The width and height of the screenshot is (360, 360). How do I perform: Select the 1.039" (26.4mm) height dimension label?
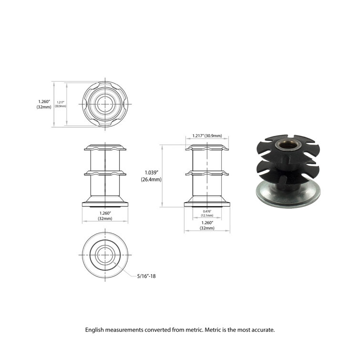pyautogui.click(x=151, y=176)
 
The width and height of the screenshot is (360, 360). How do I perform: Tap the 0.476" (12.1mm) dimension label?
pyautogui.click(x=207, y=213)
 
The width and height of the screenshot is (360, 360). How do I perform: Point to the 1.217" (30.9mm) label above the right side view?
pyautogui.click(x=207, y=136)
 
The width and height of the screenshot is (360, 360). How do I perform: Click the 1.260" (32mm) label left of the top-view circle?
pyautogui.click(x=44, y=104)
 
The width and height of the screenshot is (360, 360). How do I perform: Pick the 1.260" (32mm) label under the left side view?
pyautogui.click(x=105, y=216)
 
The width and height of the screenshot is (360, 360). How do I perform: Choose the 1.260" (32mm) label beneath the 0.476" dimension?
pyautogui.click(x=207, y=225)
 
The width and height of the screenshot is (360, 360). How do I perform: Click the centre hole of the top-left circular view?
pyautogui.click(x=105, y=103)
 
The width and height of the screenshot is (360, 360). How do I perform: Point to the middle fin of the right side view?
pyautogui.click(x=207, y=172)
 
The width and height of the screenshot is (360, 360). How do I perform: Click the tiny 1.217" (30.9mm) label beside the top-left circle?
pyautogui.click(x=61, y=104)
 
